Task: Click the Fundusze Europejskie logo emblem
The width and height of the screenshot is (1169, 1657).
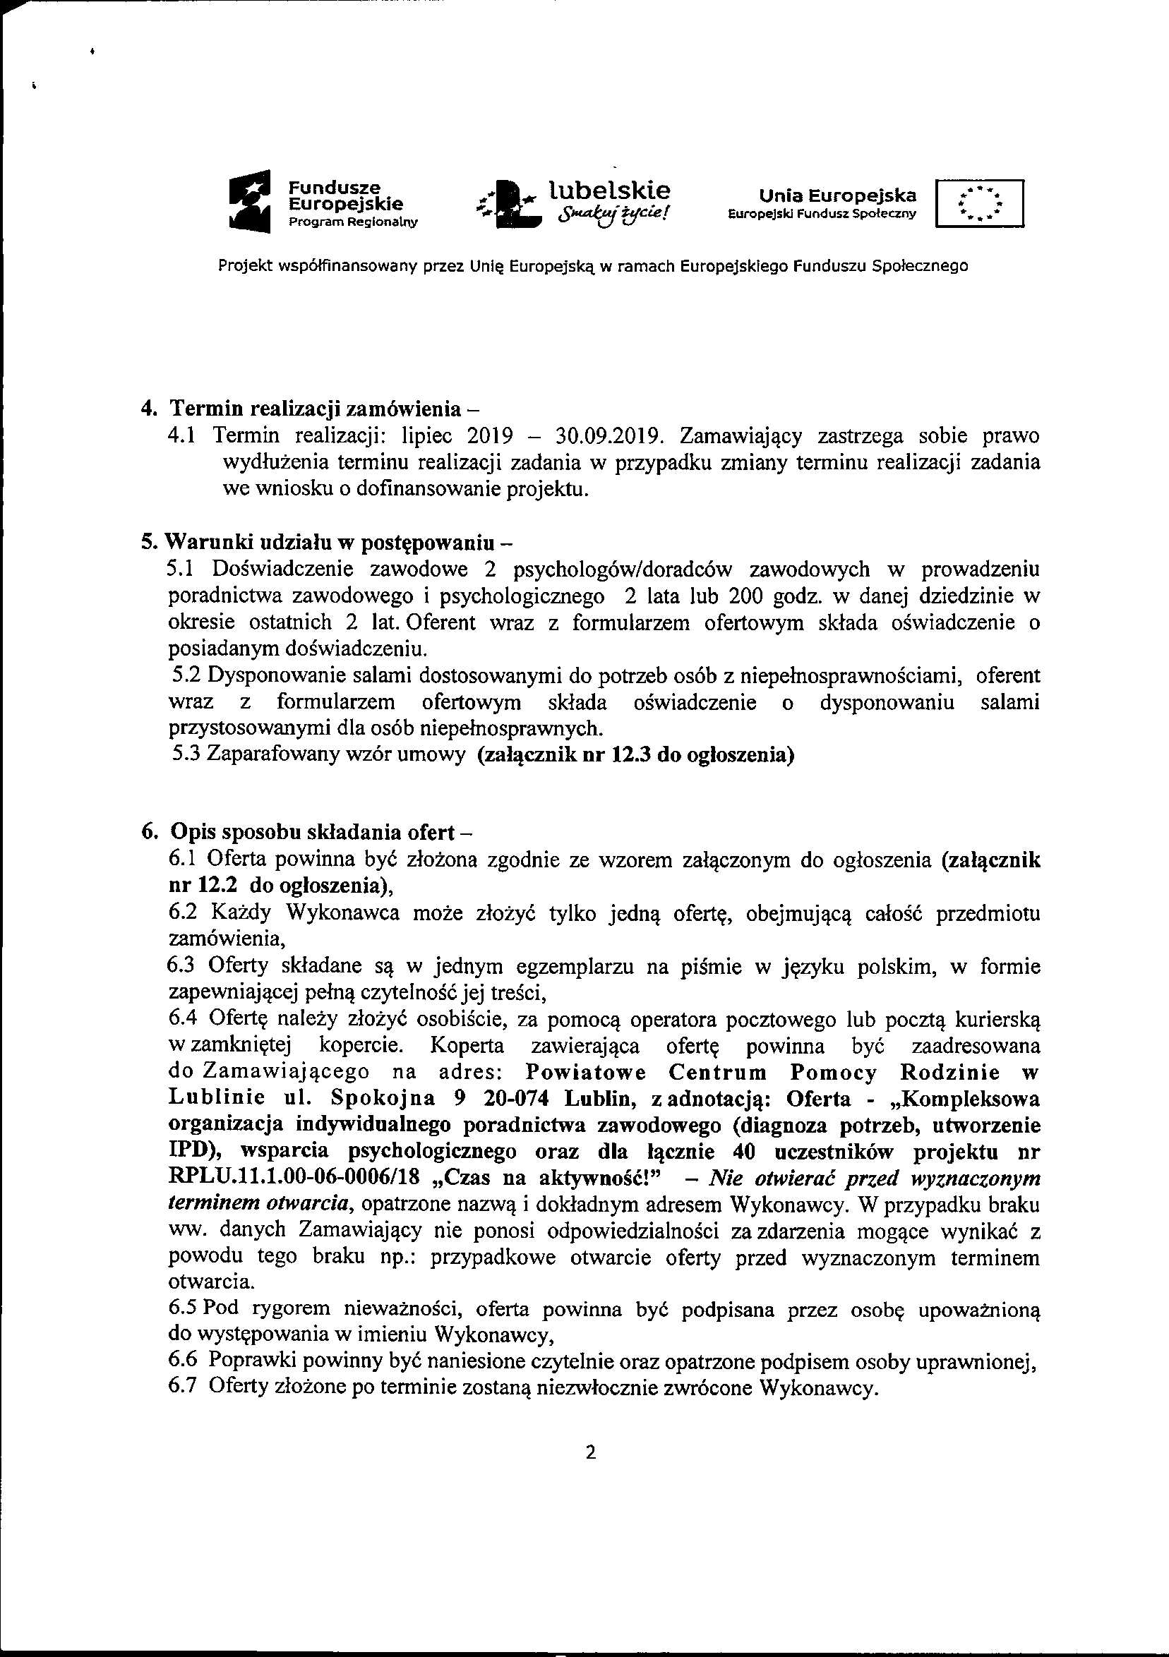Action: (x=248, y=200)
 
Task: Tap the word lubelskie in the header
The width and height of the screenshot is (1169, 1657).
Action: (x=610, y=190)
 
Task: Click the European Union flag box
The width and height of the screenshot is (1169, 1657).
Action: (x=979, y=203)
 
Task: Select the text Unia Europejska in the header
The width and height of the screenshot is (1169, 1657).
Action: (x=837, y=195)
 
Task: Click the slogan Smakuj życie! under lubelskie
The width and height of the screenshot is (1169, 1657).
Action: (x=611, y=215)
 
